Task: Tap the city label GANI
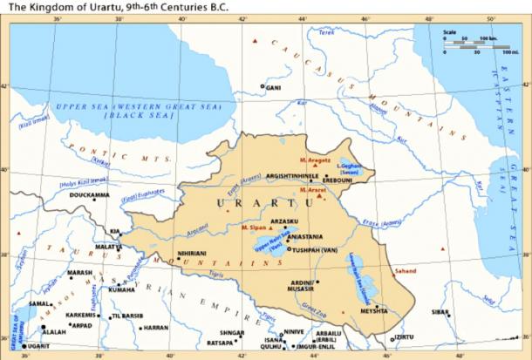[x=273, y=87]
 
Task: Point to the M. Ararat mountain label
[x=311, y=189]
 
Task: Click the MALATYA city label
[x=108, y=247]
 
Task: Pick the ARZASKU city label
[x=285, y=221]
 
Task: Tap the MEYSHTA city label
[x=375, y=310]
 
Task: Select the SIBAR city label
[x=440, y=311]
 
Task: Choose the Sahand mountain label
[x=404, y=271]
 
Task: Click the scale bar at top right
[x=468, y=44]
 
